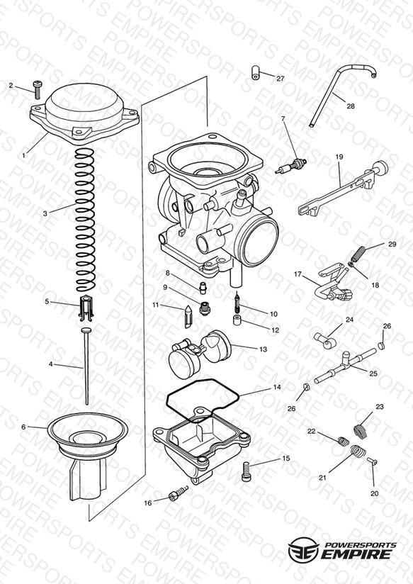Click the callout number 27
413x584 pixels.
(280, 79)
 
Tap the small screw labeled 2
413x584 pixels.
(37, 89)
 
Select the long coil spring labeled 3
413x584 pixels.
(85, 220)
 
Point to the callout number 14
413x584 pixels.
(277, 388)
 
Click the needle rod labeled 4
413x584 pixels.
(86, 367)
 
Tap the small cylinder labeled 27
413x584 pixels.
(255, 72)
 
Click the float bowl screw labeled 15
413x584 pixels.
(247, 471)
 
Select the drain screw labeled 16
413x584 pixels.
(179, 493)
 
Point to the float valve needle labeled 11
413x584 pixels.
(188, 316)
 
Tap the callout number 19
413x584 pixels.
(339, 157)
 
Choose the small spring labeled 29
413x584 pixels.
(358, 254)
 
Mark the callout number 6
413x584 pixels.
(23, 427)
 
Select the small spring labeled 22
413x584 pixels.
(344, 441)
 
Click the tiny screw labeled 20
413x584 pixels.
(373, 461)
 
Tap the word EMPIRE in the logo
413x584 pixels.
(356, 554)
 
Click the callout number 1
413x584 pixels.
(24, 155)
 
